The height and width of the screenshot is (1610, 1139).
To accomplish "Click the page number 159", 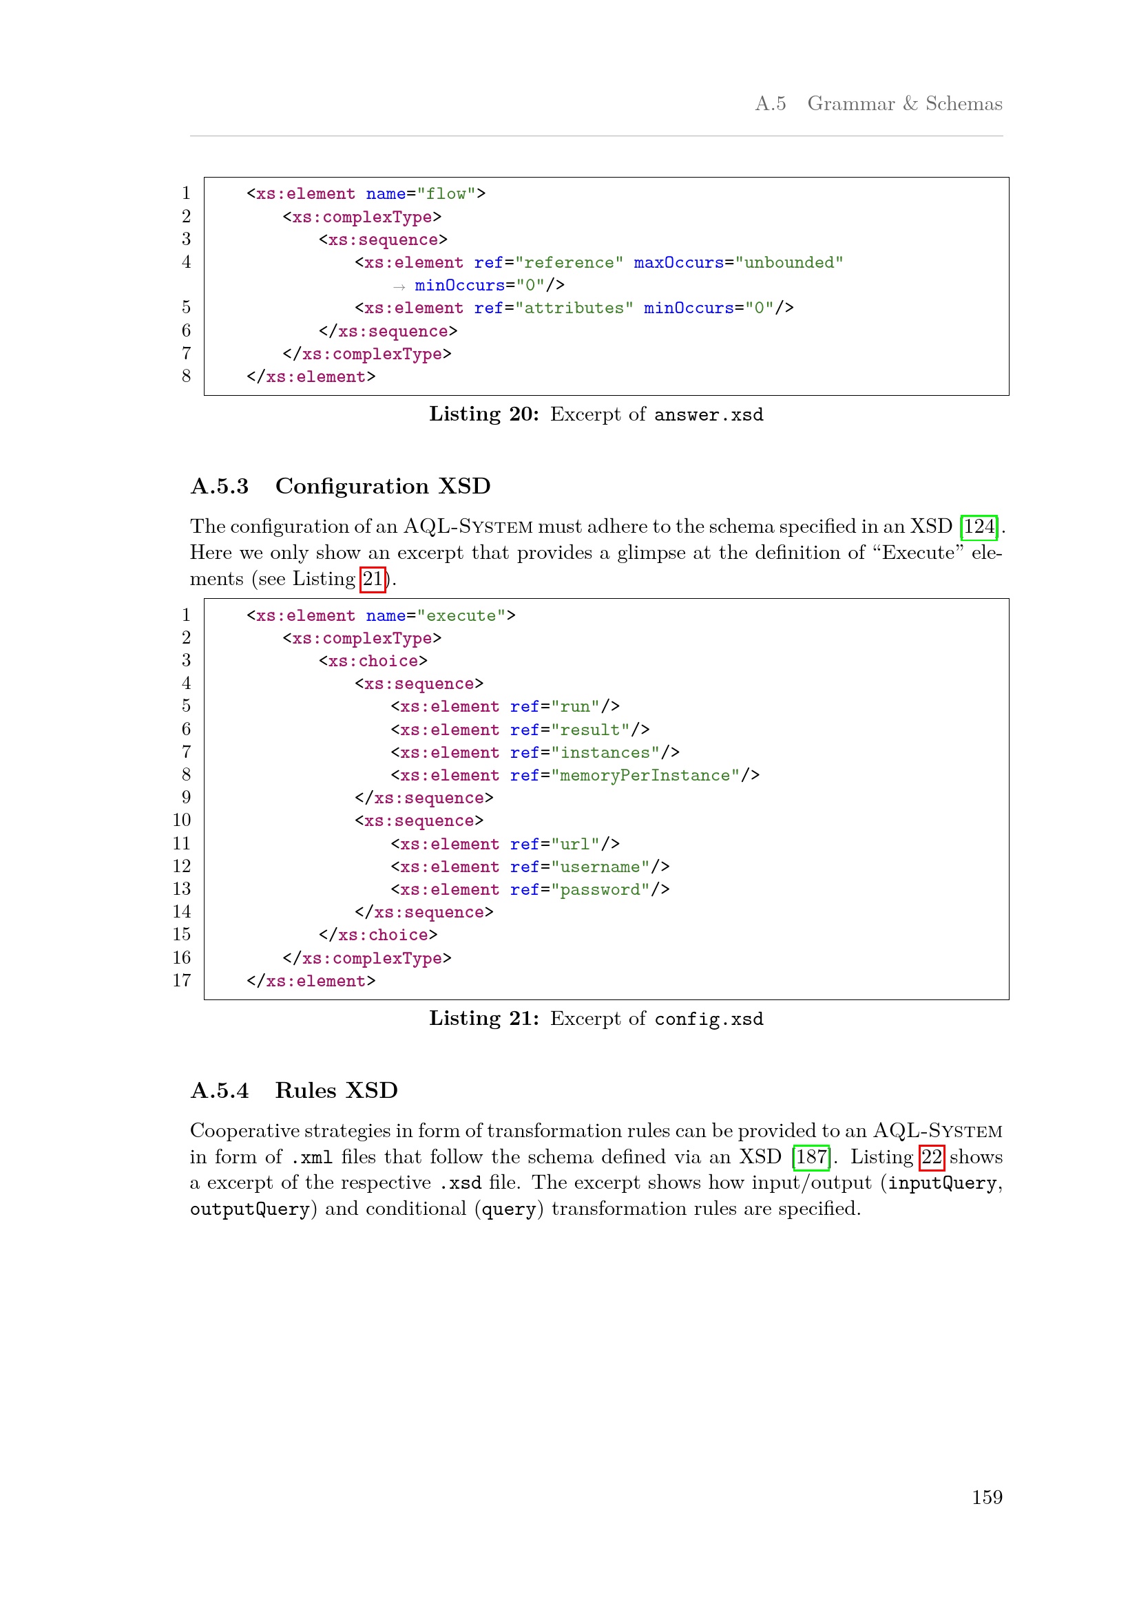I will [986, 1497].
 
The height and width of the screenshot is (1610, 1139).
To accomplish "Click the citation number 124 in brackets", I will [979, 527].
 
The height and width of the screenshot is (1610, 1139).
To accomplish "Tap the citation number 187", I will [811, 1156].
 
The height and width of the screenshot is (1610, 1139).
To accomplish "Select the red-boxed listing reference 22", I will [932, 1156].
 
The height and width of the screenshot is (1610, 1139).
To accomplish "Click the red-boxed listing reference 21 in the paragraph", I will [373, 579].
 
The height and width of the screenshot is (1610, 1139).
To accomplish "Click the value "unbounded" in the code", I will [789, 263].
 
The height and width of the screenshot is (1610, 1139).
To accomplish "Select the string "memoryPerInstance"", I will [645, 776].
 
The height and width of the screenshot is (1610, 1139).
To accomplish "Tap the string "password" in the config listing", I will [600, 890].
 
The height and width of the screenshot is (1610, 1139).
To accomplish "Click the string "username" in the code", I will [600, 867].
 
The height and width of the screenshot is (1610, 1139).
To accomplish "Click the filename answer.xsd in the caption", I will [709, 415].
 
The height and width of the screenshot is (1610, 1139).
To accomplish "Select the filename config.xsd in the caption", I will [709, 1019].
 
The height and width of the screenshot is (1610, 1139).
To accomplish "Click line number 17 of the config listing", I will [182, 981].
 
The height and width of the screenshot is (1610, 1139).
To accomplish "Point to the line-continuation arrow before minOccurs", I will [399, 287].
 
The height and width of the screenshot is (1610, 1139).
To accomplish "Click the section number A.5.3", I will [220, 487].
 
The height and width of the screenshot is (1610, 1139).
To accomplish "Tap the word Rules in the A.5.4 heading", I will [306, 1091].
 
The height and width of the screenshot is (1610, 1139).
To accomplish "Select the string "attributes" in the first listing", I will [574, 308].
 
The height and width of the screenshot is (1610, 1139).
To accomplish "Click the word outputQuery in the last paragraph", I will [250, 1209].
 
